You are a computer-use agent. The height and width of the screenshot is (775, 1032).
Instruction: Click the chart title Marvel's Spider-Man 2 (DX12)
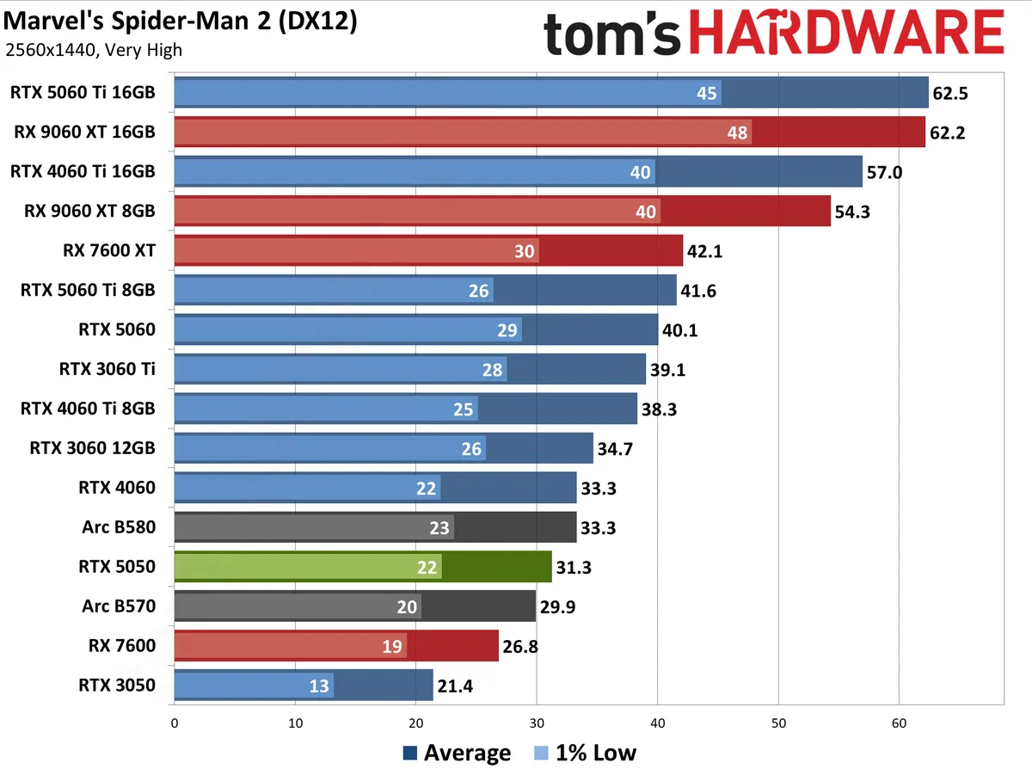click(180, 21)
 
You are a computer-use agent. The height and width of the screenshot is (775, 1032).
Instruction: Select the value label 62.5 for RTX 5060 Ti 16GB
click(950, 93)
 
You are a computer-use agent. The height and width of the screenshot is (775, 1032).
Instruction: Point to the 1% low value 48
click(737, 132)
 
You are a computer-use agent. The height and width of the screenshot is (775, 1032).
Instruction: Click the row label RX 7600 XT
click(109, 250)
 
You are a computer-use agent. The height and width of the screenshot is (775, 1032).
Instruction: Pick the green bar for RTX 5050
click(362, 567)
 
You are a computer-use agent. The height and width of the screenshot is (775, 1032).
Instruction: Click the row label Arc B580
click(119, 527)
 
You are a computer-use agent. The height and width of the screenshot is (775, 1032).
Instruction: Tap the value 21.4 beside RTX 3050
click(456, 686)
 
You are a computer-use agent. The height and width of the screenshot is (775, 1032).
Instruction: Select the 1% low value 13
click(317, 686)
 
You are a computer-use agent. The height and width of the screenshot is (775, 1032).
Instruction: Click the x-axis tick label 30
click(537, 724)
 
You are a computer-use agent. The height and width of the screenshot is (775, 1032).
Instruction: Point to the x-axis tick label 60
click(899, 724)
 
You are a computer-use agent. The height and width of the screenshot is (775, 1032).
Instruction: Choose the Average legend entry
click(457, 753)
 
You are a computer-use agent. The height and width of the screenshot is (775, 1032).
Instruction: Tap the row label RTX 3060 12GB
click(92, 448)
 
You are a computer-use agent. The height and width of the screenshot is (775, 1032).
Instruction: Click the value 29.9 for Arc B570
click(557, 606)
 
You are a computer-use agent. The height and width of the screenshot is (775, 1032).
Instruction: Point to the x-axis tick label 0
click(175, 724)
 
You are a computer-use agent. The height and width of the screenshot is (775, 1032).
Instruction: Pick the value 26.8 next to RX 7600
click(520, 646)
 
